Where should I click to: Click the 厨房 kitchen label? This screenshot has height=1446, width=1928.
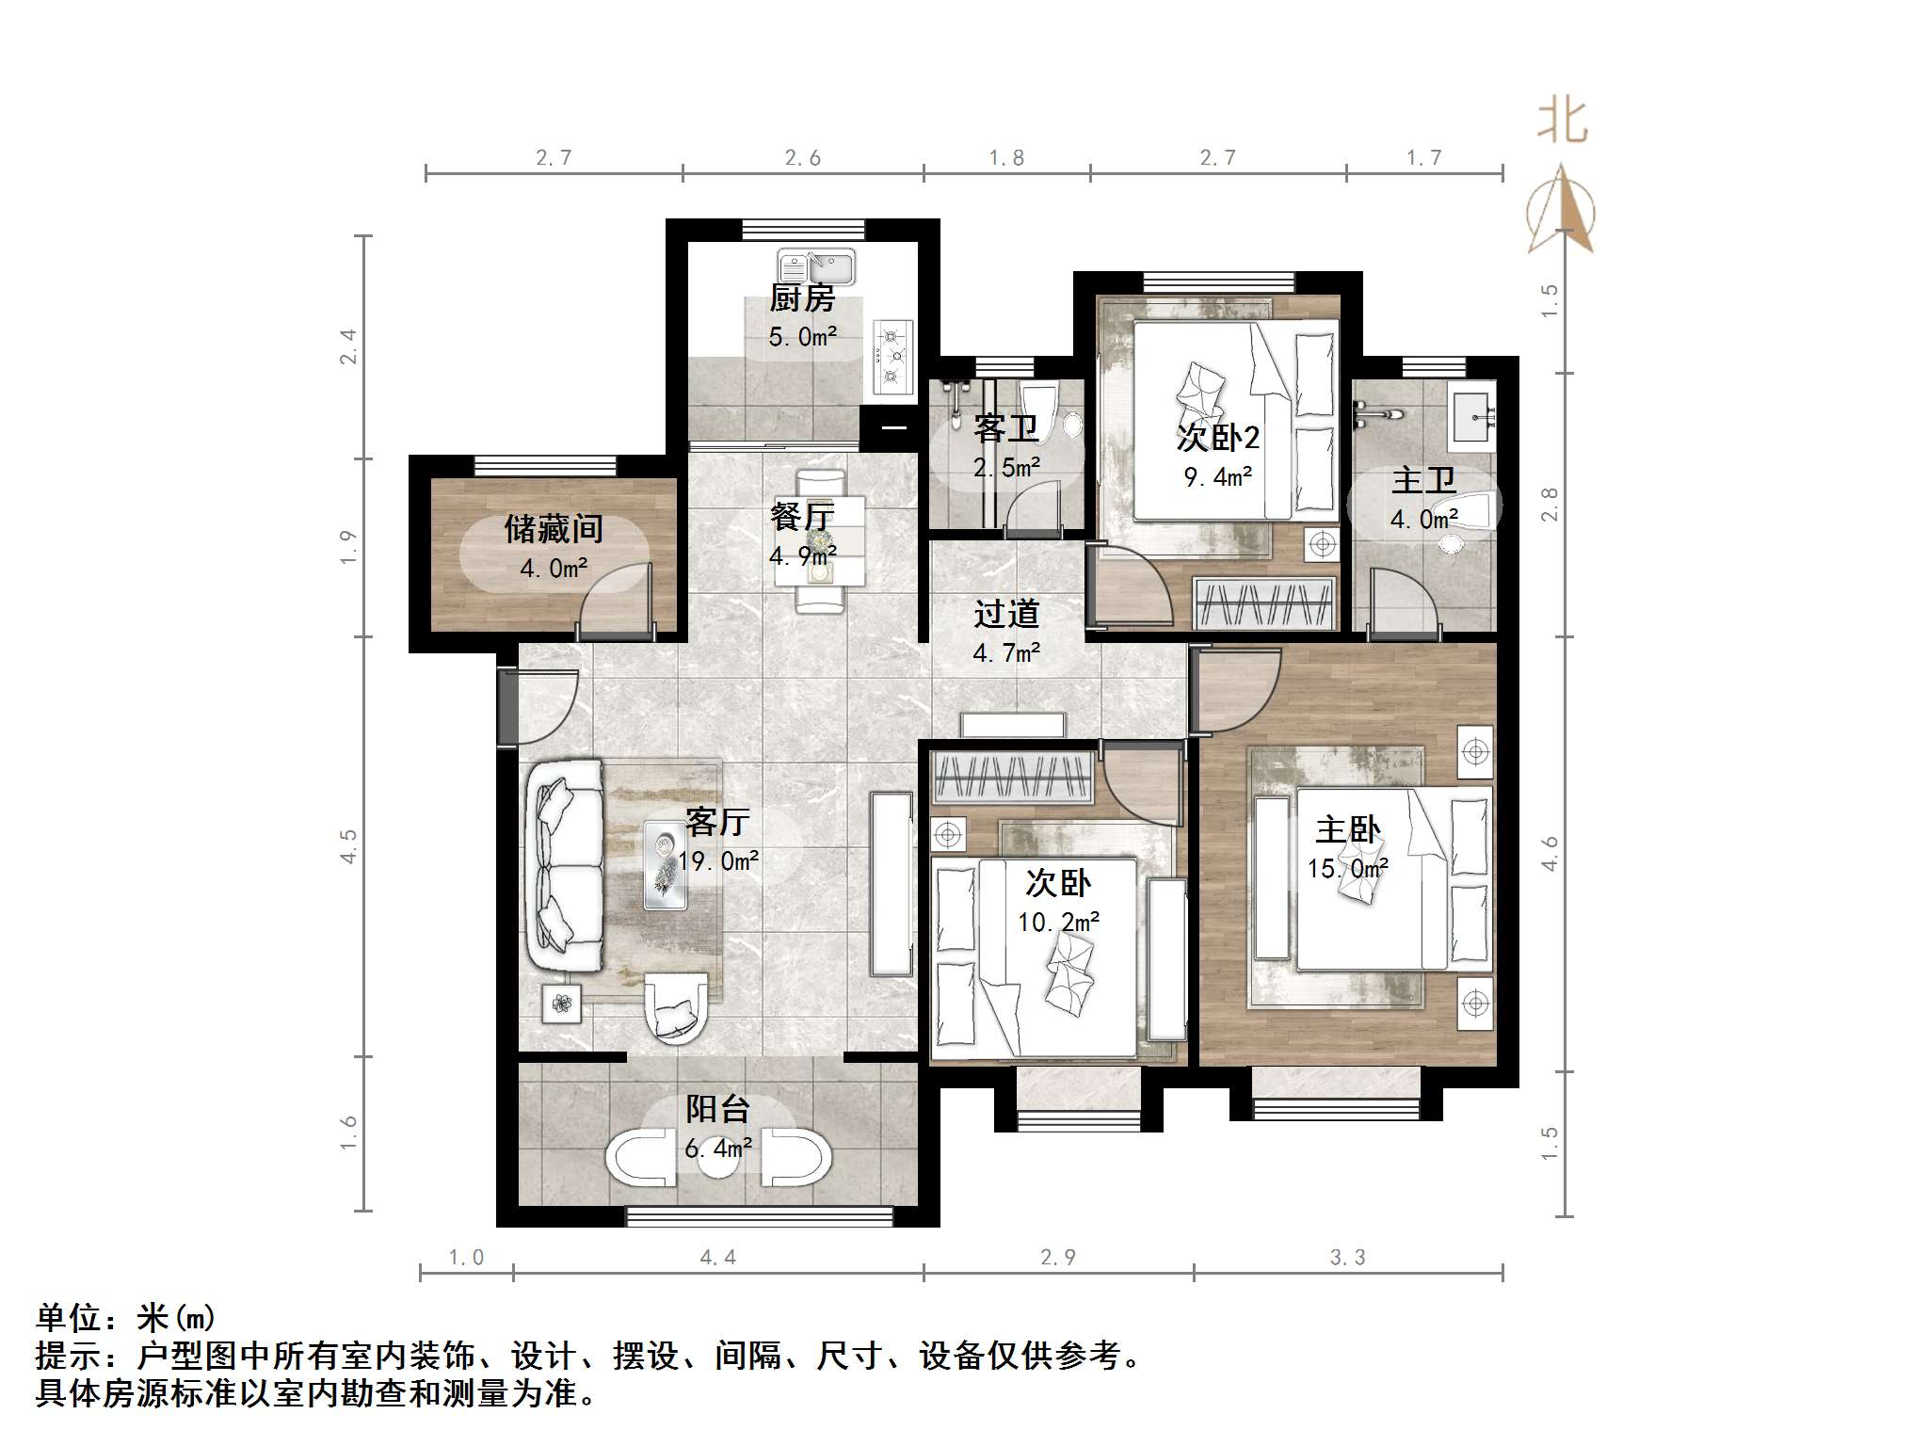(802, 298)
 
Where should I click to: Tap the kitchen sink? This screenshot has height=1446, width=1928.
(815, 266)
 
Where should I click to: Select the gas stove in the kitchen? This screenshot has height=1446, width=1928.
(892, 357)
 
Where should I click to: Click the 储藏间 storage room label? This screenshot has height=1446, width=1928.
(554, 529)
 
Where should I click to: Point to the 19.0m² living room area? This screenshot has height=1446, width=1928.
(718, 861)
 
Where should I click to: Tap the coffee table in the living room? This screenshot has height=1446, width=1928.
(665, 865)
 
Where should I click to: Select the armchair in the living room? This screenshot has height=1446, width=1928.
(674, 1008)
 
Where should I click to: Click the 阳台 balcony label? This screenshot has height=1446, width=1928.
(717, 1109)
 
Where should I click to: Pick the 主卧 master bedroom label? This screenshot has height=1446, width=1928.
(1347, 829)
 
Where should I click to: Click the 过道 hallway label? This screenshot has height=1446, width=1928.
(1006, 614)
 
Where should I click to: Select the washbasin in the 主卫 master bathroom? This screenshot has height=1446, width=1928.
(1471, 411)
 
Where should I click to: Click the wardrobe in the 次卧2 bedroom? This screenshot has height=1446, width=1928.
(1264, 603)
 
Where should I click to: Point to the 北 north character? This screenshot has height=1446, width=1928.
(1563, 121)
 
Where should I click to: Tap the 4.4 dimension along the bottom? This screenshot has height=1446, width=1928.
(717, 1258)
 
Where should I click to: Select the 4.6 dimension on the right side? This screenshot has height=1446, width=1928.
(1550, 853)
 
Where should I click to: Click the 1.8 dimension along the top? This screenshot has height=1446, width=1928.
(1006, 158)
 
